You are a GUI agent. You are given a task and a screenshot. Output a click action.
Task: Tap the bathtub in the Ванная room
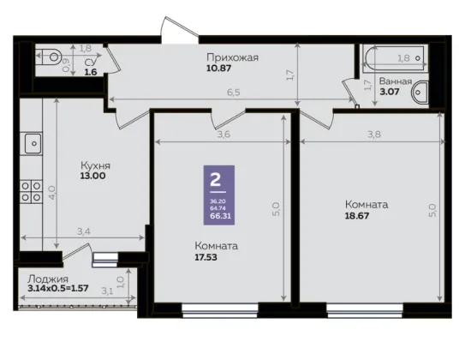point(395,58)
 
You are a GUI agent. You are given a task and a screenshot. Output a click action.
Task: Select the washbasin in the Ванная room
point(420,93)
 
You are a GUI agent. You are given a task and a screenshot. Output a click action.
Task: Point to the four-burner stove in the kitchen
point(31,192)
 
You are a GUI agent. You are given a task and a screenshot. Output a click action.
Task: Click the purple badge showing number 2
point(219,195)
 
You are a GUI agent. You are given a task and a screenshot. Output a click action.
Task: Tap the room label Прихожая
point(233,57)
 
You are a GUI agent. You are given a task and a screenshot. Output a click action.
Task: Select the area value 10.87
point(219,69)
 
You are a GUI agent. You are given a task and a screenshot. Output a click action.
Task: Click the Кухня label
point(95,165)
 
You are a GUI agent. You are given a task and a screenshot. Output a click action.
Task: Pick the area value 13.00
point(92,176)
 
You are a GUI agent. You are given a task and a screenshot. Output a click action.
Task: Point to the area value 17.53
point(206,257)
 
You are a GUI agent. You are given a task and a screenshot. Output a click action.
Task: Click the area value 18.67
point(357,215)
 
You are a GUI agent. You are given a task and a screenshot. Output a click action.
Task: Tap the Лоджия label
point(48,279)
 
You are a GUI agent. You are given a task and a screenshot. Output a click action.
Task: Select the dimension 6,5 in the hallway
point(234,93)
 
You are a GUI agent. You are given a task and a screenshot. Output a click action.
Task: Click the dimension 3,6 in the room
point(224,135)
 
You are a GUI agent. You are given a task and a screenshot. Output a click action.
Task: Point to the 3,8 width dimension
point(374,135)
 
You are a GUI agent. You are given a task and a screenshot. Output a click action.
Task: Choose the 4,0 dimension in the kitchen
point(52,192)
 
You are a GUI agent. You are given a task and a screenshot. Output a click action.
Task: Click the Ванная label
point(396,81)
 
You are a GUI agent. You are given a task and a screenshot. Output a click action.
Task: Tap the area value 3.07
point(390,92)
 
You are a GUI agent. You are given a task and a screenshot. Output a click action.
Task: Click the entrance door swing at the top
point(180,28)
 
